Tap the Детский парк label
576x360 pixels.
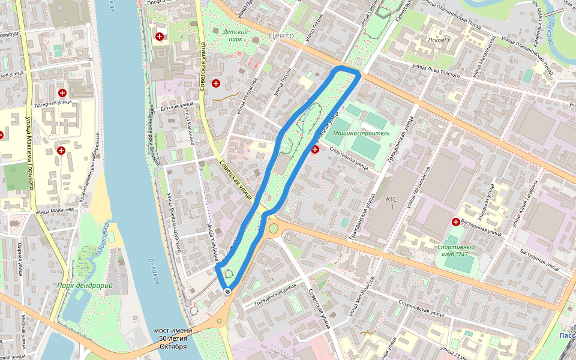point(234,35)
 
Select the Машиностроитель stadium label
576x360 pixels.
point(361,132)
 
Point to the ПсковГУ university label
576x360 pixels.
point(439,40)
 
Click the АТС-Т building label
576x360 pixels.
point(392,203)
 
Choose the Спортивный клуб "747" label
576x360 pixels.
point(456,250)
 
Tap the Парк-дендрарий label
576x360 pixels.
point(85,286)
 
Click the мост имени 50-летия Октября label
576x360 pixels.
point(173,338)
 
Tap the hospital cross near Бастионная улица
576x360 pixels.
point(456,223)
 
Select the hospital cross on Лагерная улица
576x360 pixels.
point(62,93)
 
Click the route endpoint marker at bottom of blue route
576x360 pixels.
point(227,291)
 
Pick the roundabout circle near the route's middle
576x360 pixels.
point(274,228)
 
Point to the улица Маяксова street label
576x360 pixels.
point(55,211)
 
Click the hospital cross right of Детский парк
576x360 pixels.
point(215,83)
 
